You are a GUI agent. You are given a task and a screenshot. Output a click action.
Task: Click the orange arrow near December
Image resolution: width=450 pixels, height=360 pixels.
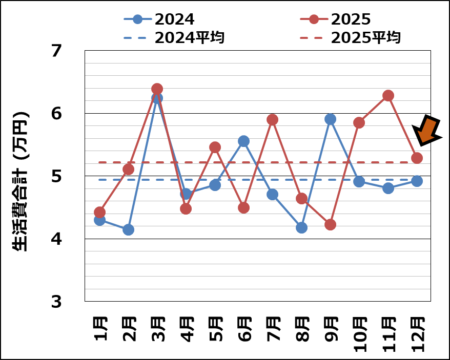(428, 131)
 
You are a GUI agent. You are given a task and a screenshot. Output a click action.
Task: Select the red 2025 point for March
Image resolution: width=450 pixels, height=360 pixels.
(157, 89)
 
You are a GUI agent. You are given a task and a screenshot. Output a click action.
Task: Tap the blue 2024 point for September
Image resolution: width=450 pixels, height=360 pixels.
(330, 119)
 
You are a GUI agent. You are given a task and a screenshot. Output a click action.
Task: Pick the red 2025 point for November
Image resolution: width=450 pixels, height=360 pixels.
(388, 95)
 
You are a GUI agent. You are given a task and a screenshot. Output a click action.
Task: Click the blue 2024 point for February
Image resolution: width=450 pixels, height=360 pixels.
(128, 229)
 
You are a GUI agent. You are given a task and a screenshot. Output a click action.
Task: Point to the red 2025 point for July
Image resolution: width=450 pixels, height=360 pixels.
(272, 119)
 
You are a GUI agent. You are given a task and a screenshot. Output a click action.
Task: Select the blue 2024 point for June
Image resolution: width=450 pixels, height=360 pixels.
(243, 141)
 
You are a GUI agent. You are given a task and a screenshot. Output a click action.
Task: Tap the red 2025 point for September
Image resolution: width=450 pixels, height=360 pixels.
(330, 224)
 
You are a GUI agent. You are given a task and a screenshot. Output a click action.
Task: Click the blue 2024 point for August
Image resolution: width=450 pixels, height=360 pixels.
(301, 227)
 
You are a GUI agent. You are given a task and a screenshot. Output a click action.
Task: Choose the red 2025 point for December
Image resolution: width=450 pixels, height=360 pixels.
(417, 158)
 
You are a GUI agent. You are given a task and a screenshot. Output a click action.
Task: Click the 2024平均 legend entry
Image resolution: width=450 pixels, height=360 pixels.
(174, 37)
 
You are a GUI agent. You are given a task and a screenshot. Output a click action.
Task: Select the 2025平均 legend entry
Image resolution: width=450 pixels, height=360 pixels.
(351, 37)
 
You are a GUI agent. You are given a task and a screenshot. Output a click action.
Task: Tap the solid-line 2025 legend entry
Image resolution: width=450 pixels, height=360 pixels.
(335, 19)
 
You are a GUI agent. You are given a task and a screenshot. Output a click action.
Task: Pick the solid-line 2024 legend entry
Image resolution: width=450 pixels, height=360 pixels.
(159, 19)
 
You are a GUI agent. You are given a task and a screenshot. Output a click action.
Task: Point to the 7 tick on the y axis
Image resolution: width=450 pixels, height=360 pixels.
(56, 51)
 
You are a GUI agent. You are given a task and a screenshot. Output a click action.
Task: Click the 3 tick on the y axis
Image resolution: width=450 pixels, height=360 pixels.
(56, 302)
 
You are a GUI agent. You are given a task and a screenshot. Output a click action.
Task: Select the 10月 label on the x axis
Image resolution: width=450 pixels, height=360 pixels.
(359, 334)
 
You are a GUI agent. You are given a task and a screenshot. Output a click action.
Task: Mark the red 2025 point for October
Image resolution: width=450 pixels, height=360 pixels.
(359, 122)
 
